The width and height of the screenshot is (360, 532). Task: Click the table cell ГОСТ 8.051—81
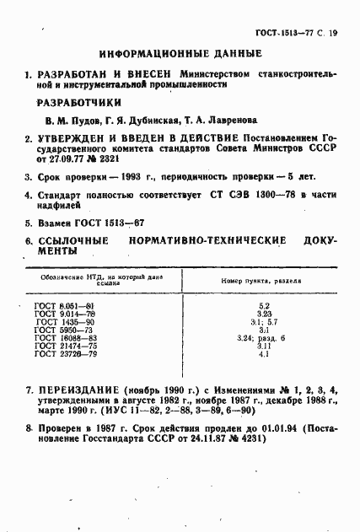click(x=66, y=304)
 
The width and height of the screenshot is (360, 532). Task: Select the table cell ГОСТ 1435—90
click(x=66, y=321)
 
